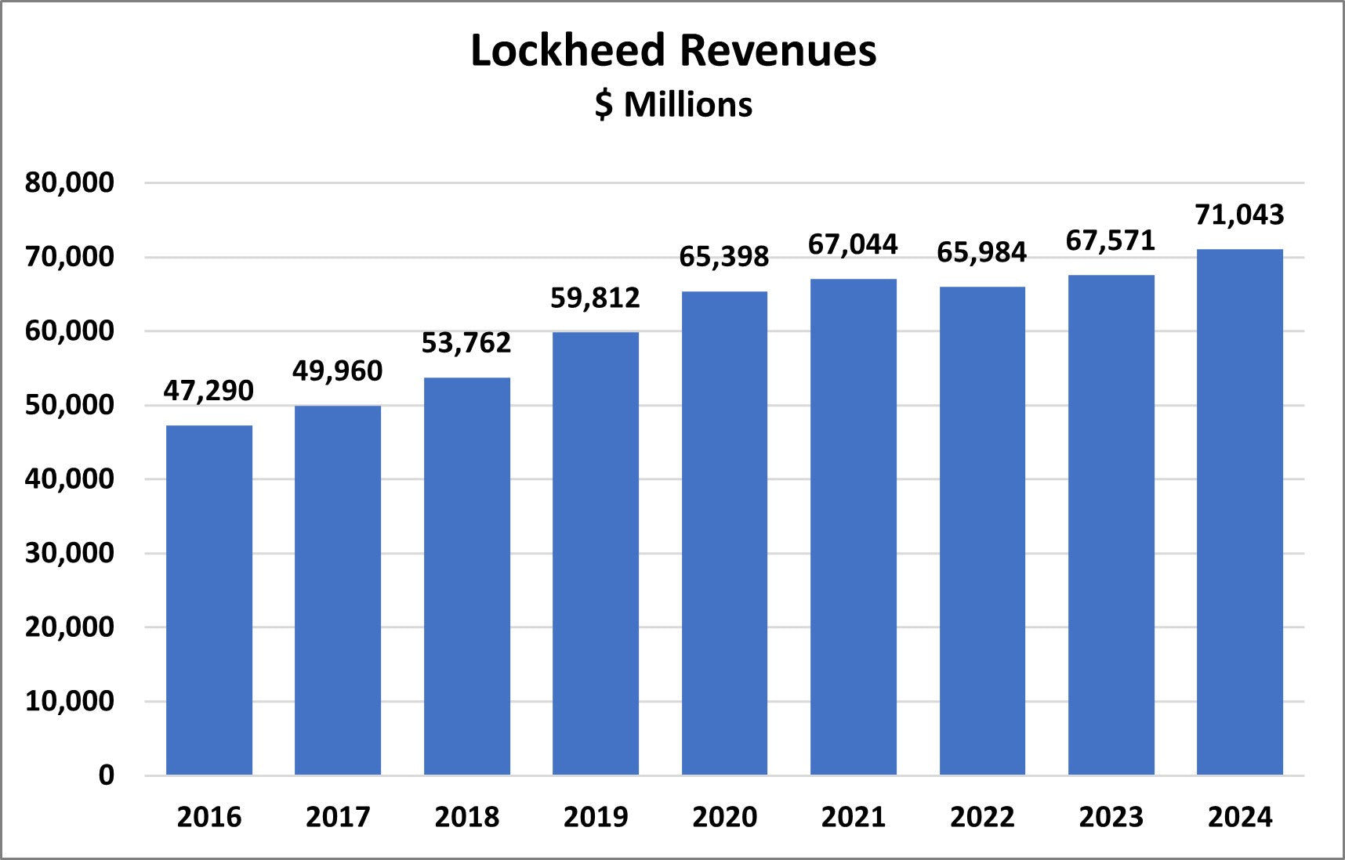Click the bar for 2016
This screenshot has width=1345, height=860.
[209, 600]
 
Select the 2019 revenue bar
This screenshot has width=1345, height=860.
[596, 553]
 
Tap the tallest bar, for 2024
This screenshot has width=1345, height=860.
[1239, 511]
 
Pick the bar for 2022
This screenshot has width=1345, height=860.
[982, 530]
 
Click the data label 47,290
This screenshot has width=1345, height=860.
[208, 390]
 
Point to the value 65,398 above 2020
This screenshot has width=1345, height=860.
[723, 257]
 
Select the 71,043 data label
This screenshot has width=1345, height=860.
[1239, 215]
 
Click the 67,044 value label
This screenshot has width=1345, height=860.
[853, 244]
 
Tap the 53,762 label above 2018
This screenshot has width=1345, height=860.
[466, 343]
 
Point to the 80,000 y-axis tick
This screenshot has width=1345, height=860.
[70, 182]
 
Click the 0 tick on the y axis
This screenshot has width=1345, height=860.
[107, 775]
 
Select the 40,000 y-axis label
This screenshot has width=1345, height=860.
[70, 479]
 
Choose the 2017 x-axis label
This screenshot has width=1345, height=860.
[338, 817]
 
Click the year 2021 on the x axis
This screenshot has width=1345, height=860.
[853, 817]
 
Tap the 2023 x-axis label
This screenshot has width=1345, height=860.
[1111, 817]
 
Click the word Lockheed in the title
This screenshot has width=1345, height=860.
[567, 51]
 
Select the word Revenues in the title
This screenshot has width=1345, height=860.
[778, 51]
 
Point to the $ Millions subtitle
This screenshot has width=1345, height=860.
[673, 105]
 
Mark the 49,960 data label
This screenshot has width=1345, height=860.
[338, 370]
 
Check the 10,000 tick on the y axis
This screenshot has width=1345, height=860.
[70, 701]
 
